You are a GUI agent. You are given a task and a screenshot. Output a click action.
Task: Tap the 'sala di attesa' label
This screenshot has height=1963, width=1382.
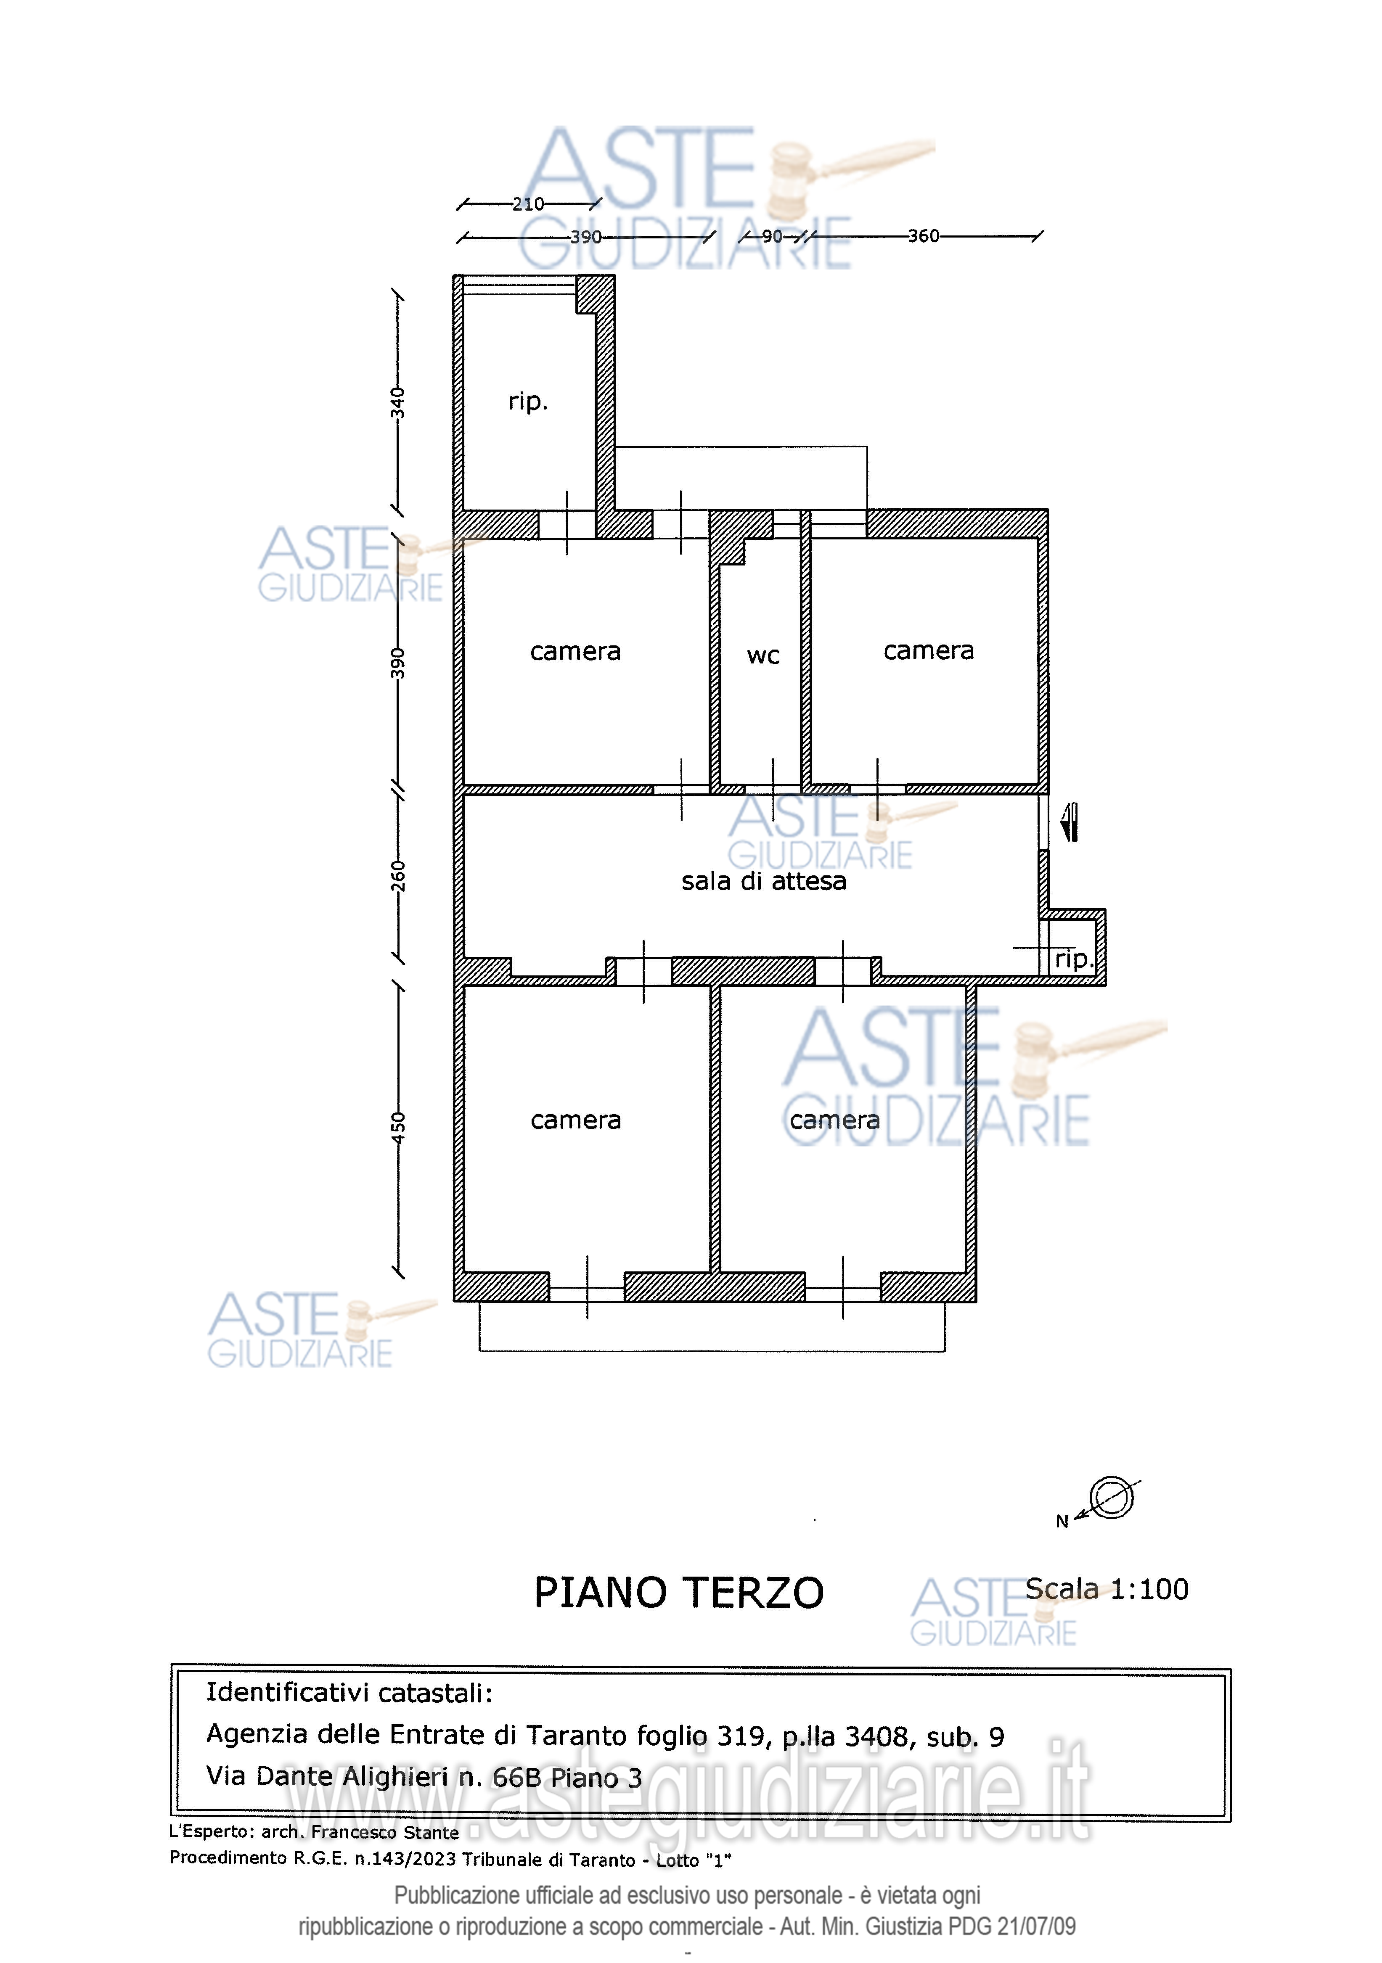coord(764,882)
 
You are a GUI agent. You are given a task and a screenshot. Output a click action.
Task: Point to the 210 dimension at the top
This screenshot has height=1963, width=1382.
coord(528,203)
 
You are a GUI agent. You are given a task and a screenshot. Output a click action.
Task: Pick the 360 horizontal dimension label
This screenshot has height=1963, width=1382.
coord(924,236)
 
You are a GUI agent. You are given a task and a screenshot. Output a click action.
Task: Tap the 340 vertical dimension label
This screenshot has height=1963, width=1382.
coord(398,403)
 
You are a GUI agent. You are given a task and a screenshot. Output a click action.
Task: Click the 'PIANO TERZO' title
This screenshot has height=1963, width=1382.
coord(679,1593)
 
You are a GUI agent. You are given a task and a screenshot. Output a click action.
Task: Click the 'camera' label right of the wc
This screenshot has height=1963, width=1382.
coord(929,652)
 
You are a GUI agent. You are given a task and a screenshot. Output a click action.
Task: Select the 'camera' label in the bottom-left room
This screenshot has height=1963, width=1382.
coord(575,1121)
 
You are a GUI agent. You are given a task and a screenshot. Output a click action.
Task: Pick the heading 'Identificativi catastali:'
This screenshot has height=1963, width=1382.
coord(349,1693)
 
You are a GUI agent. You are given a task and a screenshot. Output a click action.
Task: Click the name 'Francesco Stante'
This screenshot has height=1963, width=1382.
coord(385,1832)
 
